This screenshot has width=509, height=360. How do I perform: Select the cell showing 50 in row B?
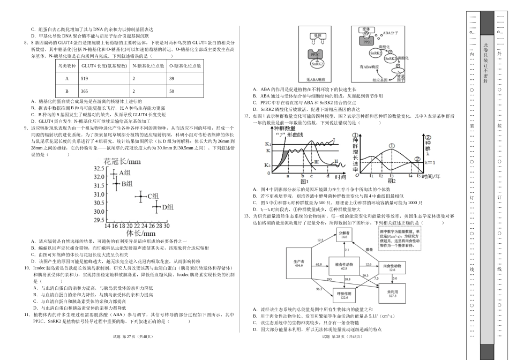coord(171,92)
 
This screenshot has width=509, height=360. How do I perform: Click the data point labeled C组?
coord(140,196)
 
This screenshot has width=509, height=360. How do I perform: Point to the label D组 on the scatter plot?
coord(167,207)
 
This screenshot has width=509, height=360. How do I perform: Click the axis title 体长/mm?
coord(140,234)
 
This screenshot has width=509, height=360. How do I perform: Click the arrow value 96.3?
coord(319,289)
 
